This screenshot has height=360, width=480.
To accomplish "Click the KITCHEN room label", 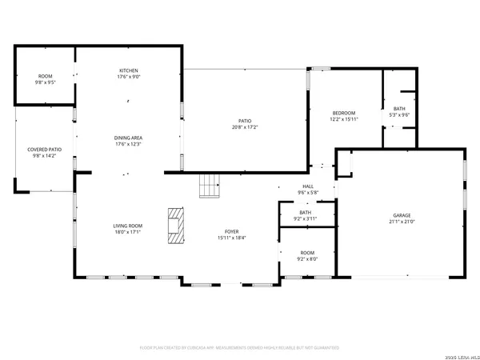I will pyautogui.click(x=128, y=71).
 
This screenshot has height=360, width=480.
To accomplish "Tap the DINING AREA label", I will pyautogui.click(x=128, y=138).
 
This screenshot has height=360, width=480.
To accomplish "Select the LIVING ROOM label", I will pyautogui.click(x=127, y=226).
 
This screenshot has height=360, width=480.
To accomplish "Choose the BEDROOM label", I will pyautogui.click(x=344, y=113).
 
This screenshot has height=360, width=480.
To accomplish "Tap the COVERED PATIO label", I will pyautogui.click(x=45, y=150).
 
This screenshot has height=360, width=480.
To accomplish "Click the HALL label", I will pyautogui.click(x=308, y=186).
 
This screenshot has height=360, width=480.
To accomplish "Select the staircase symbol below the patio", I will pyautogui.click(x=210, y=186).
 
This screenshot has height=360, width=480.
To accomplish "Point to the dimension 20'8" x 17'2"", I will pyautogui.click(x=245, y=127).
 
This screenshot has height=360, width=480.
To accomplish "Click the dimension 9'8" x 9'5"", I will pyautogui.click(x=45, y=82).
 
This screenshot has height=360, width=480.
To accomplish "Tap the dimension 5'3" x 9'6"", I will pyautogui.click(x=400, y=115).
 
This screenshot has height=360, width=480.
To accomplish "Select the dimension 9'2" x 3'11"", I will pyautogui.click(x=306, y=218).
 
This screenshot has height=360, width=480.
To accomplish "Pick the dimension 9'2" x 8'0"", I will pyautogui.click(x=307, y=258).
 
